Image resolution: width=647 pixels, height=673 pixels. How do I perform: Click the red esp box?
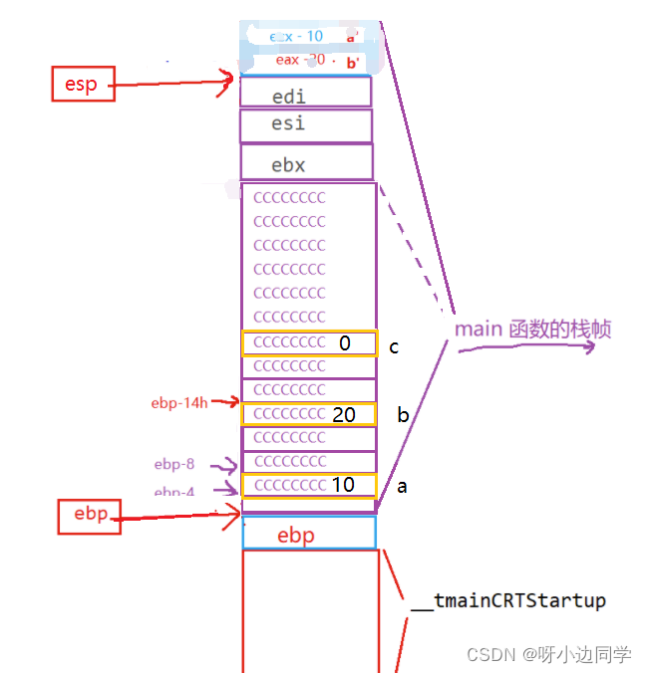click(x=81, y=84)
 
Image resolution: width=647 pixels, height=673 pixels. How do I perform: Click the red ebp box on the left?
click(x=89, y=516)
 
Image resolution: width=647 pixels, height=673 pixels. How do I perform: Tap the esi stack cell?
click(x=306, y=125)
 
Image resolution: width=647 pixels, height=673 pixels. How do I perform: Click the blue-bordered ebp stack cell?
click(x=309, y=535)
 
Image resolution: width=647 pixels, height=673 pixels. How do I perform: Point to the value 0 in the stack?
click(x=345, y=343)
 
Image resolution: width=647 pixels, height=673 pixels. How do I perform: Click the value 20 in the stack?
click(x=344, y=415)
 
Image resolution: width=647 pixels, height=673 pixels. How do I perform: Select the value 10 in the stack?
click(x=343, y=486)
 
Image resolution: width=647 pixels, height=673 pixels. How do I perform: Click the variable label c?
click(x=395, y=347)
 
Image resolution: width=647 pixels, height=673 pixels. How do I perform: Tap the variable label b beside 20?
click(x=403, y=415)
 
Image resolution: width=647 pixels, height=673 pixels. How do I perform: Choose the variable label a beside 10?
click(x=402, y=487)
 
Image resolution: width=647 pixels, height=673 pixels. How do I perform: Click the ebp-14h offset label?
click(x=179, y=403)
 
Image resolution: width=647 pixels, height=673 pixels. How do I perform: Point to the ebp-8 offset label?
click(x=176, y=464)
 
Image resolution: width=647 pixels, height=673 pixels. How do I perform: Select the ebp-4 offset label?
click(x=176, y=492)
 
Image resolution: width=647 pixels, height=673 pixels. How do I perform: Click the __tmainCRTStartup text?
click(x=507, y=601)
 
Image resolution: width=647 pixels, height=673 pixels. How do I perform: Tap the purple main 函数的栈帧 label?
click(x=532, y=330)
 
